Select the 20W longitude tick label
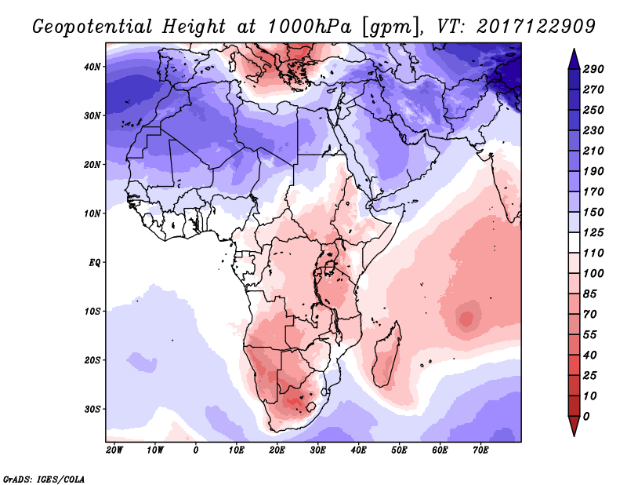click(114, 450)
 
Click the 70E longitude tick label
click(480, 450)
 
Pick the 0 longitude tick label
click(196, 450)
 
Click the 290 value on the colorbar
click(593, 70)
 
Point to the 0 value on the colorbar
click(586, 416)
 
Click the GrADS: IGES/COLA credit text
click(44, 478)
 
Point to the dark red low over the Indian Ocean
click(467, 319)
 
